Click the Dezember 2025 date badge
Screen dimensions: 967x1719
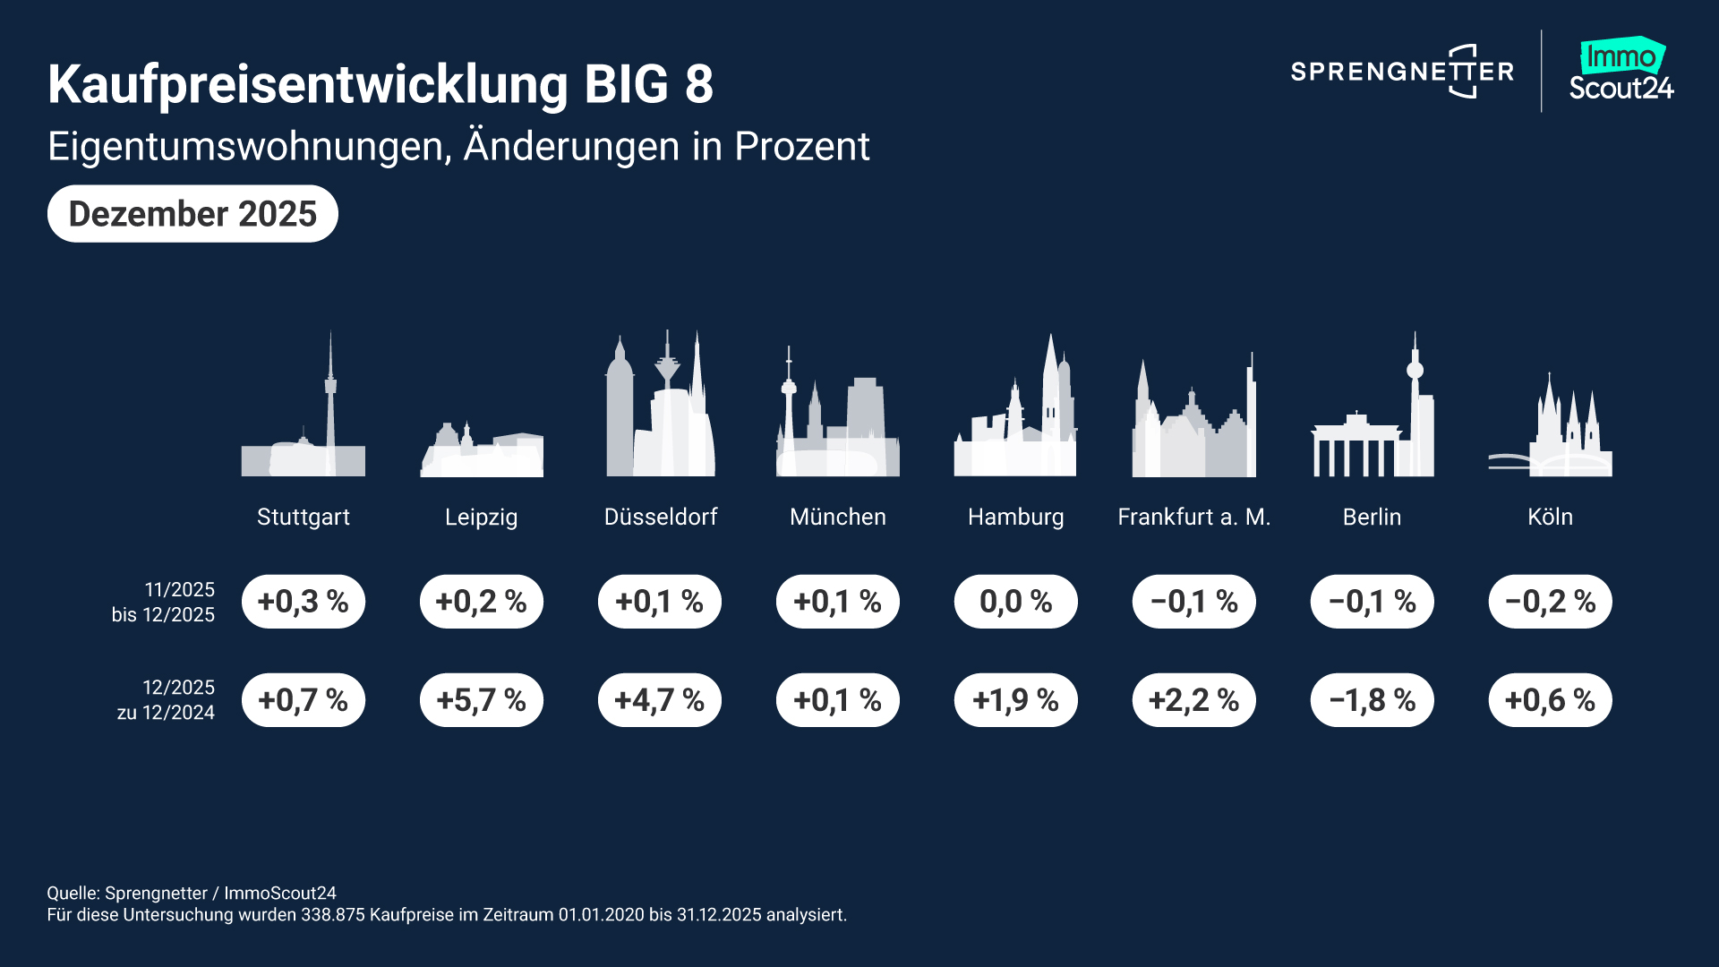[x=192, y=214]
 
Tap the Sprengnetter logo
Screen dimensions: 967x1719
[x=1402, y=72]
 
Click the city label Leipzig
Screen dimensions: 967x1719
[x=482, y=517]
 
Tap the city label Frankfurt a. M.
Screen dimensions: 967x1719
[x=1194, y=517]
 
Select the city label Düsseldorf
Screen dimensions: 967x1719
[x=661, y=517]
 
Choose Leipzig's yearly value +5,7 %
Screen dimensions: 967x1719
[x=482, y=699]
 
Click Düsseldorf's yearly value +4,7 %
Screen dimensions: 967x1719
[x=660, y=699]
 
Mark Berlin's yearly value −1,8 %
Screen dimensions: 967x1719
[x=1373, y=699]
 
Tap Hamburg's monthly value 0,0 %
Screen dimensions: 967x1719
[x=1016, y=601]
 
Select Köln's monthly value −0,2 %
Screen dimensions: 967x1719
[x=1551, y=601]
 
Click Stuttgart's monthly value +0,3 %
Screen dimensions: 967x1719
[x=304, y=601]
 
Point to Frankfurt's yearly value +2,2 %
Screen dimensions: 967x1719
[x=1194, y=699]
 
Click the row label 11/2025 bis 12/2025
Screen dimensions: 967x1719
[x=164, y=602]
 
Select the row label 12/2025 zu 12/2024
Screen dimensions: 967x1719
[x=167, y=699]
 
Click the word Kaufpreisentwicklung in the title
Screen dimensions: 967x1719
[x=307, y=84]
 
